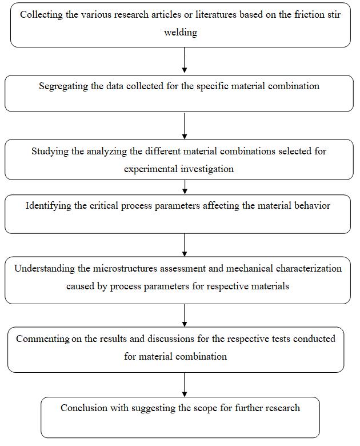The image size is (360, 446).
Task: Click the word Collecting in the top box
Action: coord(41,14)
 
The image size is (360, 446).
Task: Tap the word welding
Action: coord(181,32)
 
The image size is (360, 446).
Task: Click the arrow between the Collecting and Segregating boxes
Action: coord(185,60)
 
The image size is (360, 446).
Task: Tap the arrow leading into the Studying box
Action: coord(185,126)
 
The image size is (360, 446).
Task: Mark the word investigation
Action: coord(207,169)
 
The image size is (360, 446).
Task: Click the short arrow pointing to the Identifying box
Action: coord(185,187)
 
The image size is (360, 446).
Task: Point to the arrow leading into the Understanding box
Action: coord(185,245)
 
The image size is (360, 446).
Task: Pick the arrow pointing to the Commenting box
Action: coord(185,316)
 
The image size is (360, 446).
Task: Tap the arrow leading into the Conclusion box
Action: coord(185,385)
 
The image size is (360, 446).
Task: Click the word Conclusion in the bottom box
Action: coord(84,408)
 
